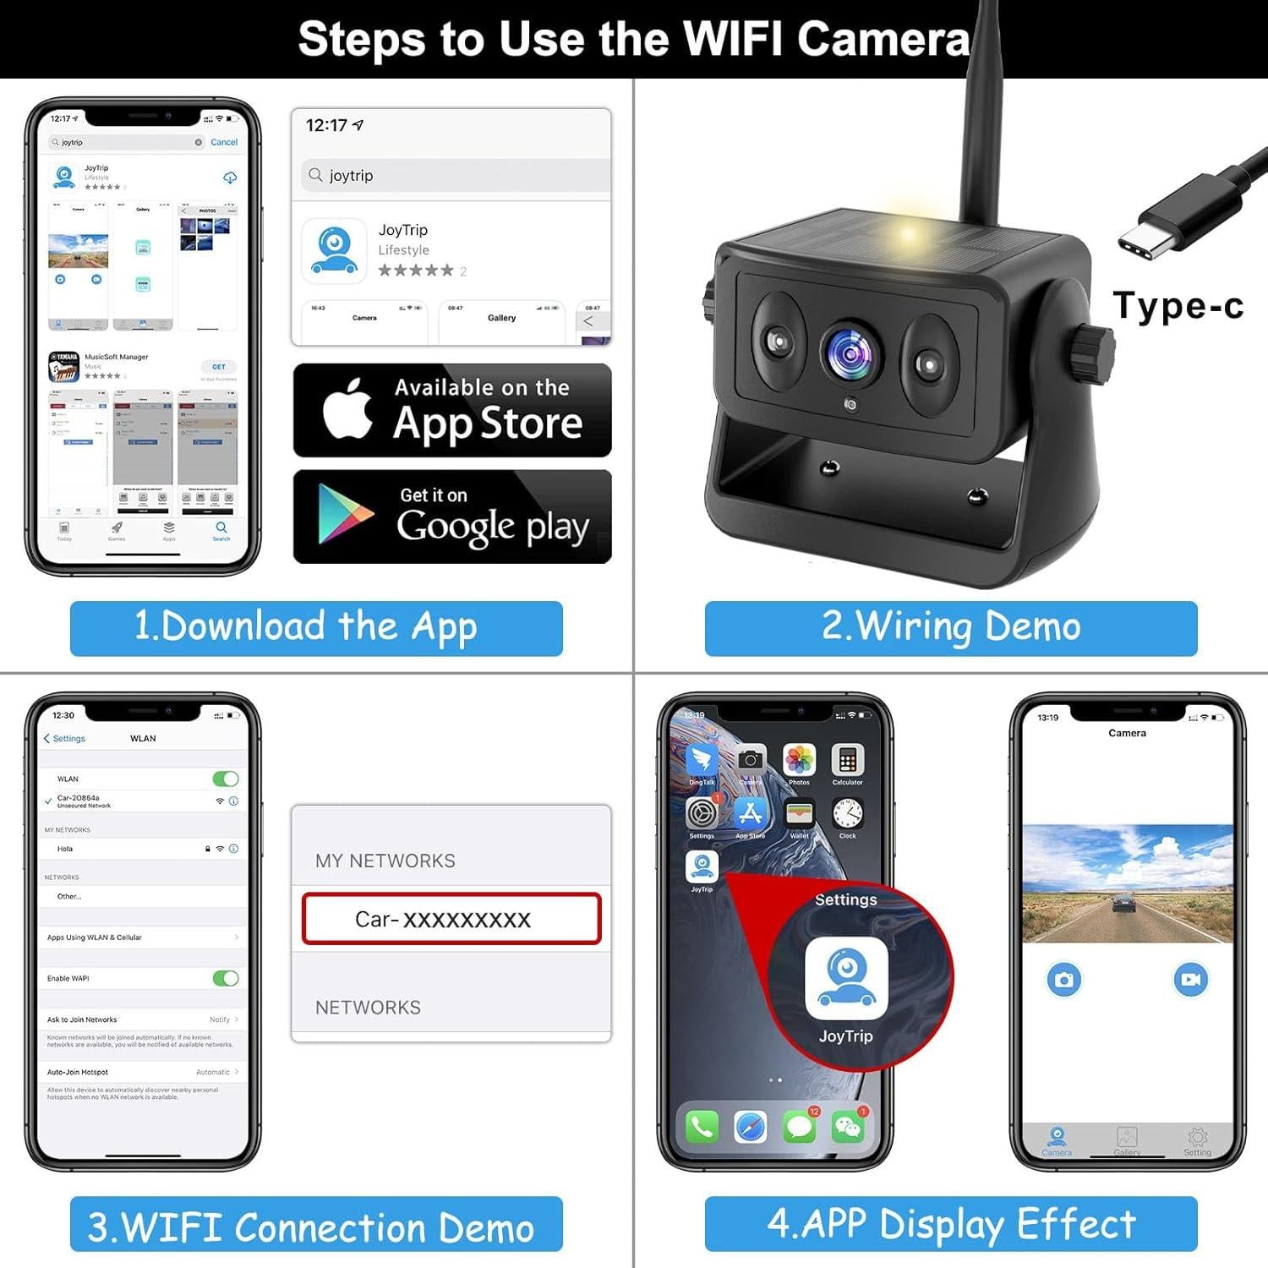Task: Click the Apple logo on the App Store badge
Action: [347, 409]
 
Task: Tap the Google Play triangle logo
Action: [342, 514]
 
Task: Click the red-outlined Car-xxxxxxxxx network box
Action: [451, 919]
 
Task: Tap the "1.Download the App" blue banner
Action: [316, 628]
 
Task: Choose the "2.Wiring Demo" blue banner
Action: [951, 628]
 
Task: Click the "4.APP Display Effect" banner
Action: [951, 1224]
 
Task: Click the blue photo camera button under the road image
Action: [1063, 980]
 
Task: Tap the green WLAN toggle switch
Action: [226, 779]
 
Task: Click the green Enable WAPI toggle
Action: [226, 978]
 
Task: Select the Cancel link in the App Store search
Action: [224, 142]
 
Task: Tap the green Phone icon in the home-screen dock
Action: [702, 1127]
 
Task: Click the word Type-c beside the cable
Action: [1178, 306]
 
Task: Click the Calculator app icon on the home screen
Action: [847, 760]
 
